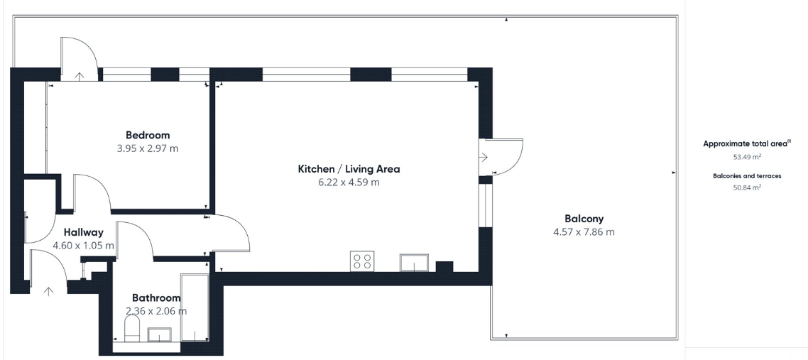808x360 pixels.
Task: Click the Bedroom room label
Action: pos(148,135)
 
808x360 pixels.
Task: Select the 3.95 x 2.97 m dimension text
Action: pos(148,148)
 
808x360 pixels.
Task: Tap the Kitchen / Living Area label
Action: pos(349,169)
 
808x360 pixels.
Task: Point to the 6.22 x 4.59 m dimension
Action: pos(349,182)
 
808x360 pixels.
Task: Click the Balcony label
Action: pos(584,219)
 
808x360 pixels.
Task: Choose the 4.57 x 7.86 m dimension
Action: pos(584,232)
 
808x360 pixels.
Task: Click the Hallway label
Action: pos(83,232)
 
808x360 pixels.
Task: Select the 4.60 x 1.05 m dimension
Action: pos(83,246)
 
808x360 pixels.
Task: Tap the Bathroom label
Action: pos(156,298)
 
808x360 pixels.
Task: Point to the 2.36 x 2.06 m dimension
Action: pos(156,311)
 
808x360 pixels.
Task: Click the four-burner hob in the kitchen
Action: pos(362,261)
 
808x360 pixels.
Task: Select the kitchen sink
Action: pos(413,262)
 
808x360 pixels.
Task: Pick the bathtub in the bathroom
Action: pos(193,307)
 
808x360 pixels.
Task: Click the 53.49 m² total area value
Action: pos(747,157)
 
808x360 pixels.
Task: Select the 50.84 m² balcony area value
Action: pos(747,188)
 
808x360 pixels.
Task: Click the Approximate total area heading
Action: pos(746,143)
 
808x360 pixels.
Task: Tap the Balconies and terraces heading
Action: pos(747,175)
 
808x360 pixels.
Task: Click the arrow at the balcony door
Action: pos(485,157)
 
